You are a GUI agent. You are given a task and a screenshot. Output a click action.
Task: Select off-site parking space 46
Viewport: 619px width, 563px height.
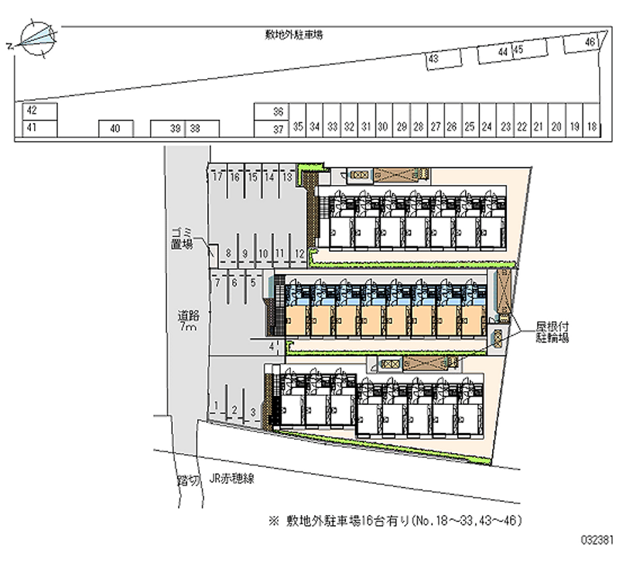(x=590, y=43)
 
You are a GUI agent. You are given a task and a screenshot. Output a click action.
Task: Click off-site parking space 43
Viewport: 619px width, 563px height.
(x=433, y=59)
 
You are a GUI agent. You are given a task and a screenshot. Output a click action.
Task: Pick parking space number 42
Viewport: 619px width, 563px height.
(x=32, y=111)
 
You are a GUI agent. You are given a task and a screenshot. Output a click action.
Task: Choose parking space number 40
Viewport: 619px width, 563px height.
(x=115, y=129)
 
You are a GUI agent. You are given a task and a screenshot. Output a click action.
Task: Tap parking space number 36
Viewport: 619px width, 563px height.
(x=278, y=112)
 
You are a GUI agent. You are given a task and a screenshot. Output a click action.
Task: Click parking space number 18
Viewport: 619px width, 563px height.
(x=591, y=126)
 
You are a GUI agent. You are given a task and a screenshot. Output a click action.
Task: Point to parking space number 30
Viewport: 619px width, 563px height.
(x=382, y=126)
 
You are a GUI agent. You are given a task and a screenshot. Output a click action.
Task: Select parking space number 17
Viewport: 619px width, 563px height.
(x=217, y=177)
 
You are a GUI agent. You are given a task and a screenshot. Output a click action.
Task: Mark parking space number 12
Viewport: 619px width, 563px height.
(x=299, y=253)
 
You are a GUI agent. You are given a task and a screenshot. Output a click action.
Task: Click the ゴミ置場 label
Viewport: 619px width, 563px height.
(x=181, y=239)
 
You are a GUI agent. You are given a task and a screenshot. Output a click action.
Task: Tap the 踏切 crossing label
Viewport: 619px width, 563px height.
(x=188, y=480)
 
